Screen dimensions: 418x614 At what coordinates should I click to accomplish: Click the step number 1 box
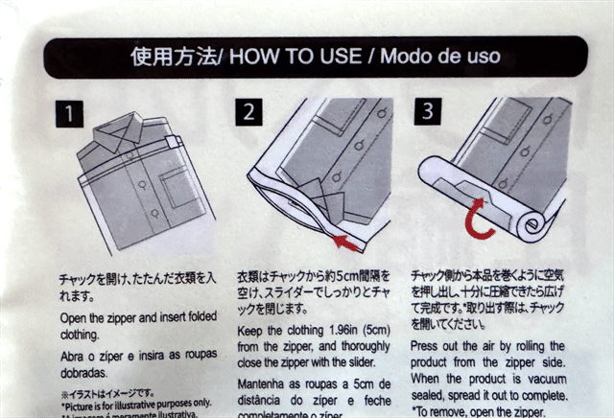point(69,115)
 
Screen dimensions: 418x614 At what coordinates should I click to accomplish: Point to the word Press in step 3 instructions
point(427,345)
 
